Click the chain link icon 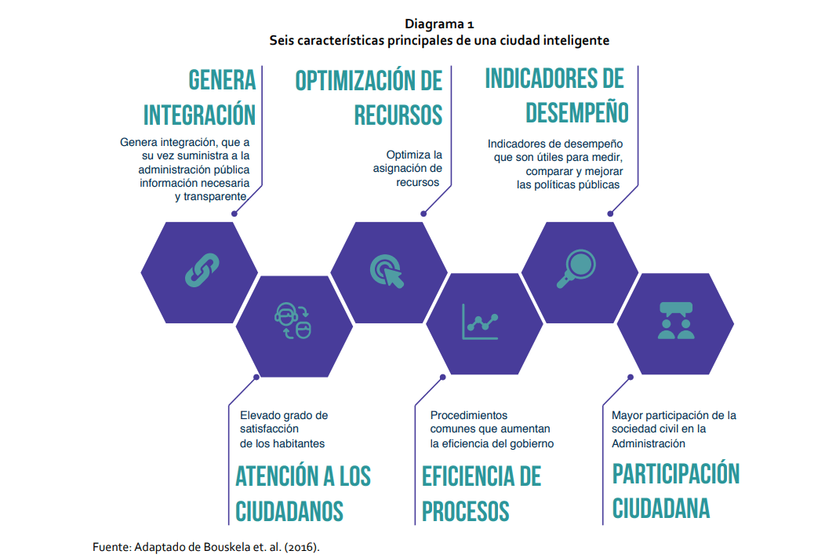(202, 271)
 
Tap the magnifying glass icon (576, 269)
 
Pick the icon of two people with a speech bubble (676, 321)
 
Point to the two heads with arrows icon (293, 321)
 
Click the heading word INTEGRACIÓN (199, 115)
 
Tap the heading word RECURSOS (398, 115)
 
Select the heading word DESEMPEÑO (577, 112)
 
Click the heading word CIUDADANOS (289, 511)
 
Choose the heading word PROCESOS (466, 511)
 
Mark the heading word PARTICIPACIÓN (676, 473)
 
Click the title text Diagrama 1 (439, 24)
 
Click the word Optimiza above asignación (407, 155)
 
